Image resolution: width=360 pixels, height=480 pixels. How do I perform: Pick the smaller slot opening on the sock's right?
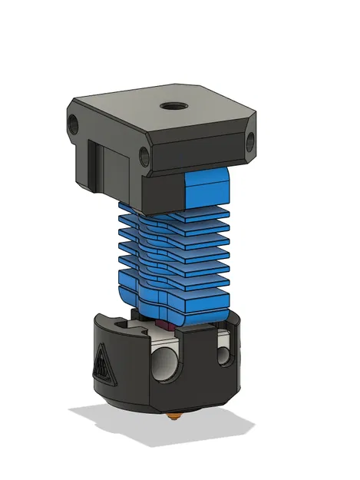click(223, 353)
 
